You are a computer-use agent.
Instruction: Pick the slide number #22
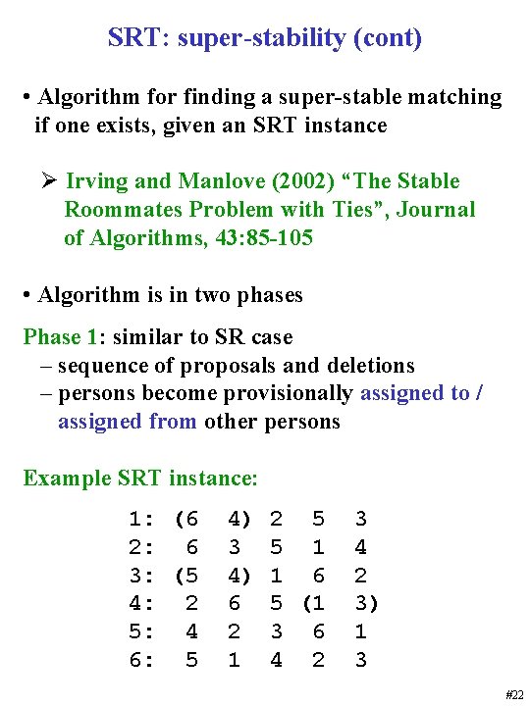514,694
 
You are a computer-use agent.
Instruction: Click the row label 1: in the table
140,519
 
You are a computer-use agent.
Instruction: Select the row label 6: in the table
140,661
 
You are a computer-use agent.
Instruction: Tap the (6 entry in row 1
186,519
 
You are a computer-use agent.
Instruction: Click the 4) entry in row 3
238,576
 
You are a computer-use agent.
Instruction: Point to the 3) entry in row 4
364,604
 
